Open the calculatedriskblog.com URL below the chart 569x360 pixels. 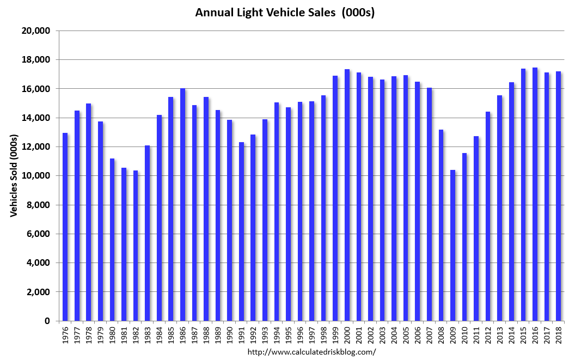coord(311,352)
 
